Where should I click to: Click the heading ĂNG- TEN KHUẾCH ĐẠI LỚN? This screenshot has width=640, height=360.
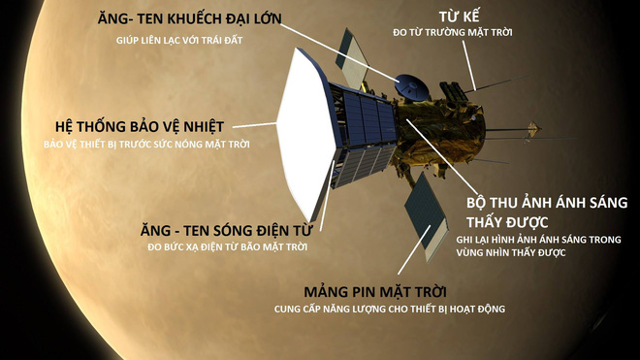tap(198, 19)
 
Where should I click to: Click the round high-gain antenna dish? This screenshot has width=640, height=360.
tap(412, 86)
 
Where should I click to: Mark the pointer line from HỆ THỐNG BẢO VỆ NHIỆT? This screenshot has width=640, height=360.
tap(252, 124)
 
